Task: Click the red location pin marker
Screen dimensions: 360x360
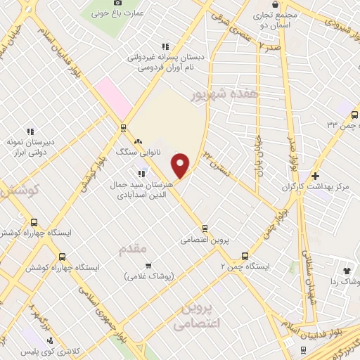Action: tap(181, 165)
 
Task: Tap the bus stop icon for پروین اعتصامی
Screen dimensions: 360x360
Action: tap(205, 228)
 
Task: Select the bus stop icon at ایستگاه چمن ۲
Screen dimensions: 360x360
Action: tap(245, 256)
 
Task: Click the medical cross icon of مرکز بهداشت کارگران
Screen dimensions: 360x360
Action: tap(315, 175)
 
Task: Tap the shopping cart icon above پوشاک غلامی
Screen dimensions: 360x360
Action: tap(148, 265)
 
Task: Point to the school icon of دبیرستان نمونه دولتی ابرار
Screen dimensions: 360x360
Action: tap(30, 131)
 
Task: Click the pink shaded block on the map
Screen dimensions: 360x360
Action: tap(113, 98)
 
